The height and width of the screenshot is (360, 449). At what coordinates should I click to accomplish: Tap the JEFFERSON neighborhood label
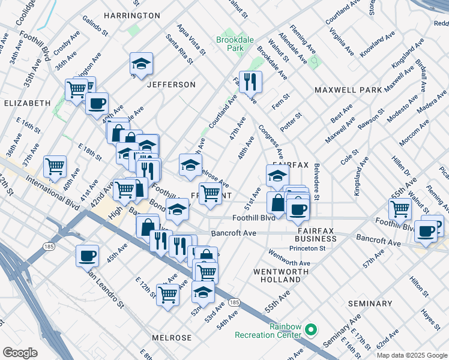(171, 85)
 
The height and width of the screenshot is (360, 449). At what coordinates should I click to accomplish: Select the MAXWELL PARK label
(348, 90)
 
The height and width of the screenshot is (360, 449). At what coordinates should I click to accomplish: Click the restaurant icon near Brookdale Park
(250, 81)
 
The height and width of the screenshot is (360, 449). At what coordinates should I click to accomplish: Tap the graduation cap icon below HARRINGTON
(141, 64)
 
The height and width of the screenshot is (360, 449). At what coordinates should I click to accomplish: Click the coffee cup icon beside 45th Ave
(87, 256)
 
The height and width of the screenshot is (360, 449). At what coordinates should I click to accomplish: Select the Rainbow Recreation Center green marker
(311, 329)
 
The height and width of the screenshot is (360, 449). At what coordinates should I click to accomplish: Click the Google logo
(20, 353)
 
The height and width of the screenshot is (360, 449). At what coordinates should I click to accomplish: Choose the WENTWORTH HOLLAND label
(277, 275)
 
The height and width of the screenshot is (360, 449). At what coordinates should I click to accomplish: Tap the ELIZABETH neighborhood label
(27, 103)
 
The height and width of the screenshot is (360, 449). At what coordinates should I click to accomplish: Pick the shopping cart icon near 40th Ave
(55, 166)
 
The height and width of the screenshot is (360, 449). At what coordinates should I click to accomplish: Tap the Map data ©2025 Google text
(411, 355)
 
